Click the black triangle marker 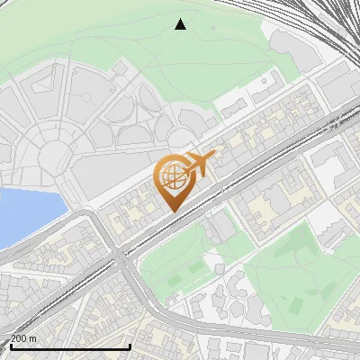pyautogui.click(x=181, y=24)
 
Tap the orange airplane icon pyautogui.click(x=200, y=164)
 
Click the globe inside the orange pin pyautogui.click(x=173, y=176)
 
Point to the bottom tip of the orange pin pyautogui.click(x=173, y=211)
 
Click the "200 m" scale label pyautogui.click(x=24, y=337)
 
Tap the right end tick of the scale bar pyautogui.click(x=130, y=345)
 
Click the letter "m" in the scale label pyautogui.click(x=32, y=337)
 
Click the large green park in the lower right pyautogui.click(x=288, y=270)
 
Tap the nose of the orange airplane pyautogui.click(x=215, y=157)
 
